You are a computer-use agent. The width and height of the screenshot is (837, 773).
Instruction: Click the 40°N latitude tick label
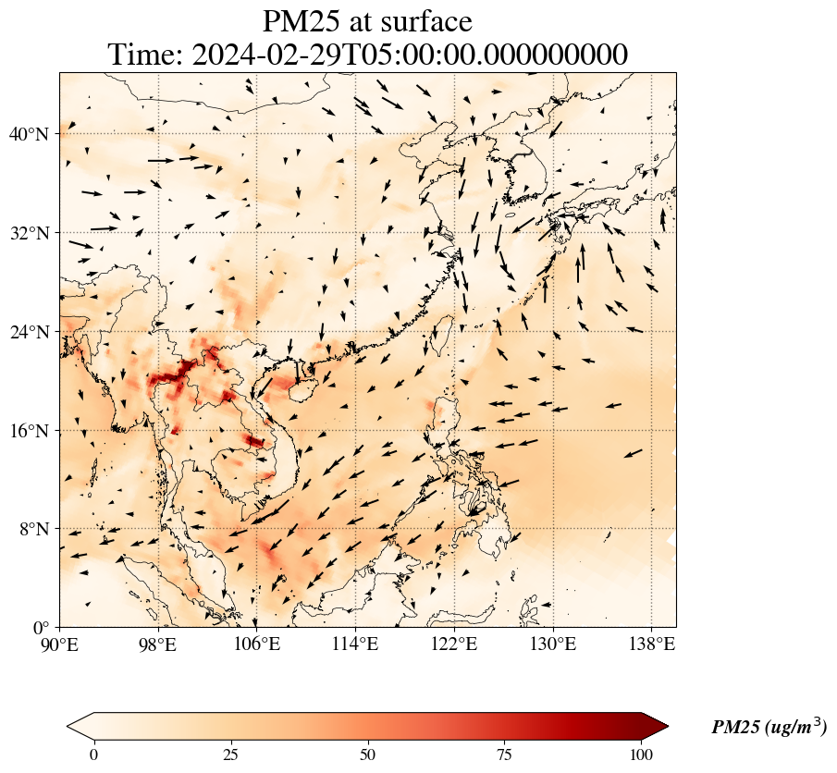tap(28, 134)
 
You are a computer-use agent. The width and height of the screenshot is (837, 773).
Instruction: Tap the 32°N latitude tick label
tap(28, 233)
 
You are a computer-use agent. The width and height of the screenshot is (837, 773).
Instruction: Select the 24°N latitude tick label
tap(28, 332)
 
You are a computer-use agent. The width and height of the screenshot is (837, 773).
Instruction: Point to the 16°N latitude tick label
tap(28, 431)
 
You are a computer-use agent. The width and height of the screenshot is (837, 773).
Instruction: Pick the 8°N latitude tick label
tap(32, 529)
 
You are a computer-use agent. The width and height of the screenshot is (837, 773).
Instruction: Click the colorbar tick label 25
tap(230, 754)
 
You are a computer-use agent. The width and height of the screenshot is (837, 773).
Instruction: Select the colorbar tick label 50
tap(368, 754)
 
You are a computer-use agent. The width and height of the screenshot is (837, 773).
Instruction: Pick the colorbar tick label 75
tap(505, 754)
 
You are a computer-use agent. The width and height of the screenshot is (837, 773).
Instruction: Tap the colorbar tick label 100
tap(643, 754)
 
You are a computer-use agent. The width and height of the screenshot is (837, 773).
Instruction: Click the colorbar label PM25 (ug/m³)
tap(769, 728)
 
